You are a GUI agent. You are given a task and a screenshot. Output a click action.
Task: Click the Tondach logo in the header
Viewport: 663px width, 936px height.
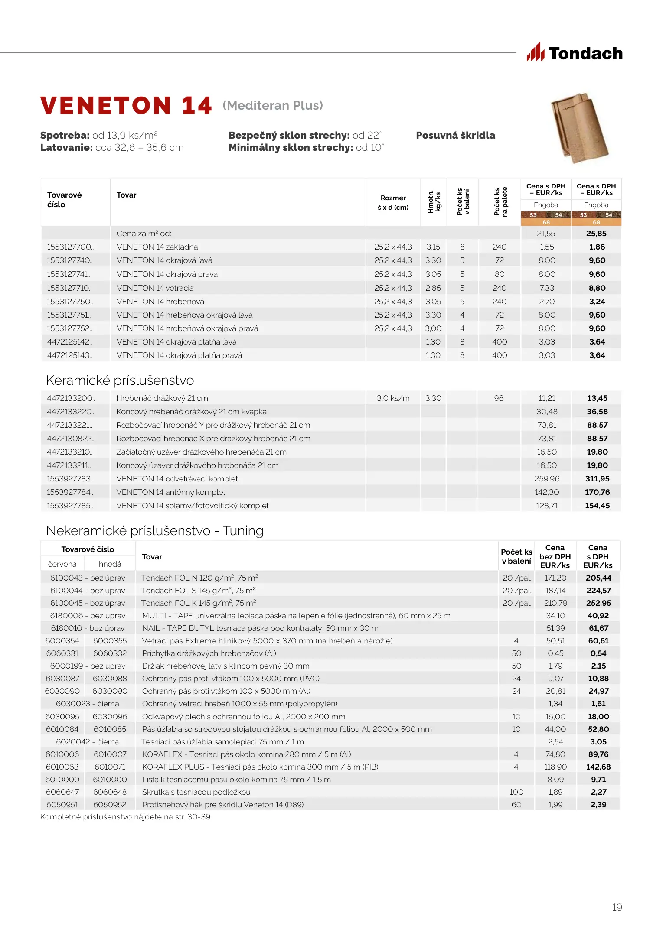point(575,53)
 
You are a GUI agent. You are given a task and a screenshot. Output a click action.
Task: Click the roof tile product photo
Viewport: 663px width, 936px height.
point(579,128)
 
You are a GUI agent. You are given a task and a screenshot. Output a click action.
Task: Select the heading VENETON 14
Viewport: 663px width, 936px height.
point(126,106)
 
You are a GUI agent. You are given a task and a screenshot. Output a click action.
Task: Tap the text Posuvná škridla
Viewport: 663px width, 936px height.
point(455,136)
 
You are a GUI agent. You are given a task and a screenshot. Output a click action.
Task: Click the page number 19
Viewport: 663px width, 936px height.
point(617,907)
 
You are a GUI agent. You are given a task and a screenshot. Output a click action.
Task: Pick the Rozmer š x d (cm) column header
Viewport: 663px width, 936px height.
point(393,202)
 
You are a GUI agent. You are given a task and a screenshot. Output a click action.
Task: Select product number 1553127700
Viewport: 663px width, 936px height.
point(70,247)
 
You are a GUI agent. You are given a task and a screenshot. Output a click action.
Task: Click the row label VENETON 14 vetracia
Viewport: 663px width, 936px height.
point(155,288)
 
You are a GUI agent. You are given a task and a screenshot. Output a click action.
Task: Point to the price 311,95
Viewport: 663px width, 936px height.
point(597,479)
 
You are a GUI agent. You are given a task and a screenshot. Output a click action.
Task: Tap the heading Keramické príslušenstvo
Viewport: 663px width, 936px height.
point(120,380)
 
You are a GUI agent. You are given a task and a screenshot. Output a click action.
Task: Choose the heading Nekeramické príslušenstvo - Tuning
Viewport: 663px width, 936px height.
point(154,531)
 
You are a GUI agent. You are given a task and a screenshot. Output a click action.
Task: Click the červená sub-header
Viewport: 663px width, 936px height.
point(62,564)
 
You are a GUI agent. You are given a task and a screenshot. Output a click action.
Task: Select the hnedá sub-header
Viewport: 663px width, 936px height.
point(110,564)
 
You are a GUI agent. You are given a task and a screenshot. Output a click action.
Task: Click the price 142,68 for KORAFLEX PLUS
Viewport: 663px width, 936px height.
point(598,767)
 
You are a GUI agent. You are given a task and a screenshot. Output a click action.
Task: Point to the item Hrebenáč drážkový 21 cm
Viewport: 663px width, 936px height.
point(162,398)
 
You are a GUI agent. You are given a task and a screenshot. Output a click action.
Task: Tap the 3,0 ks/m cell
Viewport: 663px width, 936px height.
point(393,398)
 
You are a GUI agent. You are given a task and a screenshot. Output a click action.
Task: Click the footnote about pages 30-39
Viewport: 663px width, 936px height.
point(126,817)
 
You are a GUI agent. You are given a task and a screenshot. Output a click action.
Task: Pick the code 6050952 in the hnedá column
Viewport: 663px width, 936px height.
point(110,805)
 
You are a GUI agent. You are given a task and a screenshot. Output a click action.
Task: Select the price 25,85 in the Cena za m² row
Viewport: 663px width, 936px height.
point(596,234)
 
